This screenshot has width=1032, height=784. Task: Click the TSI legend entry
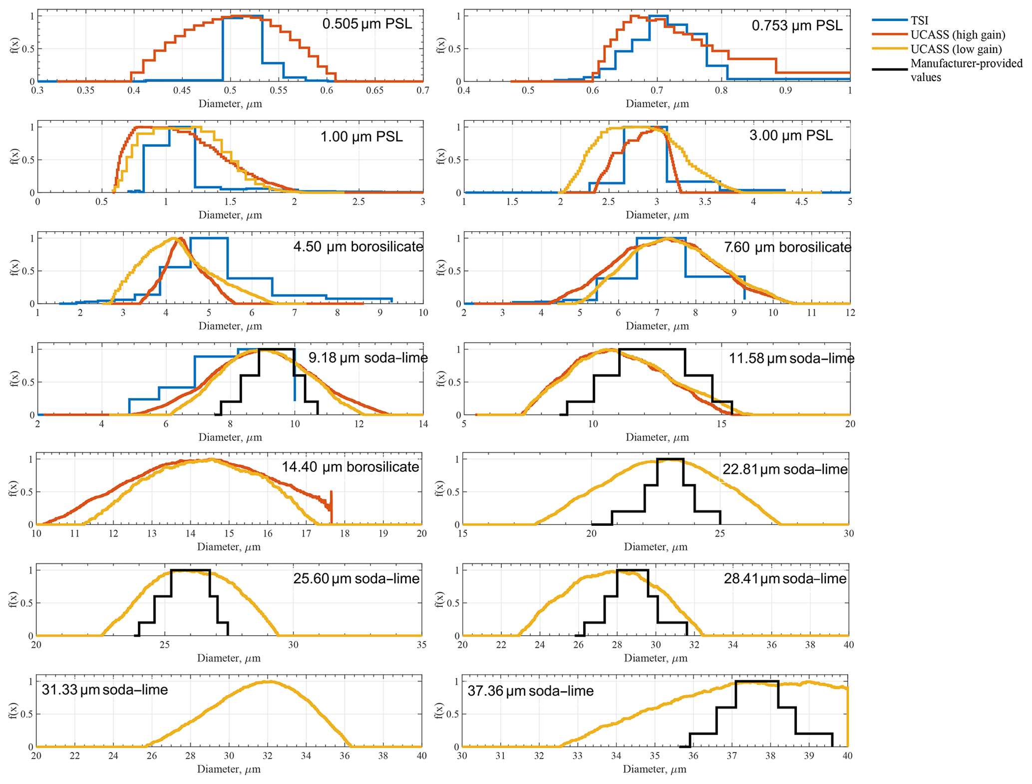point(919,20)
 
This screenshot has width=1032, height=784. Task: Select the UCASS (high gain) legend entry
point(958,34)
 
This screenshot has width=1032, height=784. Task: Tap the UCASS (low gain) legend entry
point(956,49)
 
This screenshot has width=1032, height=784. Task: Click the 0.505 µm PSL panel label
point(367,24)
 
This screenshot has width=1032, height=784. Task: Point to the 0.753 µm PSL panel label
point(797,25)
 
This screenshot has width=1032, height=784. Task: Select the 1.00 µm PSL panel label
point(361,136)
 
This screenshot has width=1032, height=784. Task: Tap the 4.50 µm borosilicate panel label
point(358,247)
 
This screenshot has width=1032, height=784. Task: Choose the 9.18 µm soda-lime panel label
point(368,358)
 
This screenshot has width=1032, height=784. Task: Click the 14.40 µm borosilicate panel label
point(350,467)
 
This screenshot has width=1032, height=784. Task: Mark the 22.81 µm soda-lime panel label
point(785,469)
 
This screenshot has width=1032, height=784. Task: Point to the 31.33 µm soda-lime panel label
point(104,690)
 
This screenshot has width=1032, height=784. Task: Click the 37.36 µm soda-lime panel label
point(530,691)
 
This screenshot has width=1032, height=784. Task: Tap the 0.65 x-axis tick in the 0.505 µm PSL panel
point(375,90)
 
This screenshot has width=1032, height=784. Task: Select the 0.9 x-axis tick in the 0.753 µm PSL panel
point(785,90)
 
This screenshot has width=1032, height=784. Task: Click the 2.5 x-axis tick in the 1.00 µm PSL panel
point(358,202)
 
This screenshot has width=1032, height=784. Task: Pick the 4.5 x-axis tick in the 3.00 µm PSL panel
point(801,202)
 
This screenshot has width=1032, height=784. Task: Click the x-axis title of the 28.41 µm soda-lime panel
point(656,658)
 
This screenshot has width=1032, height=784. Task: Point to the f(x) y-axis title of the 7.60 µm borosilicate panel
point(440,268)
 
